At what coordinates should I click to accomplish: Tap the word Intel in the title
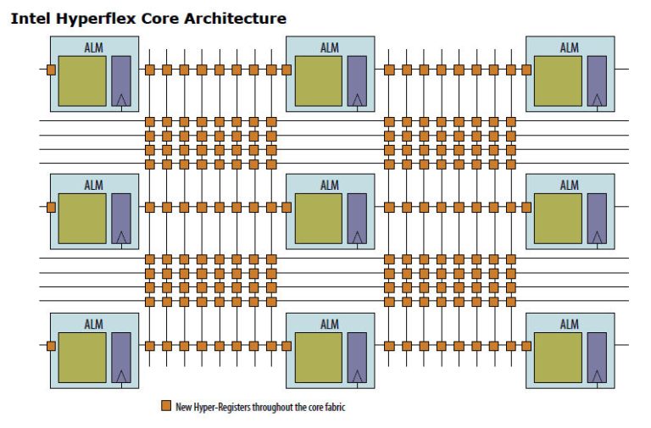point(29,18)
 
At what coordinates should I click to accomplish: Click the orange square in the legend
point(165,407)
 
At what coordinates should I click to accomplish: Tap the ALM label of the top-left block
point(93,47)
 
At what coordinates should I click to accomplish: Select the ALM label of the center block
point(330,186)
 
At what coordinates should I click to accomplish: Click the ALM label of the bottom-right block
point(569,324)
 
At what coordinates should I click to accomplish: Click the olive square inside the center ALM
point(319,218)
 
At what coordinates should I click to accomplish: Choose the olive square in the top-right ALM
point(558,81)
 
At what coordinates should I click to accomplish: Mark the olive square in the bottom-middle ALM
point(319,357)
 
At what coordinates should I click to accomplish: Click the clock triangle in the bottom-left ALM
point(121,375)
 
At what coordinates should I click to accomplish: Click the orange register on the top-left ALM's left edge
point(51,69)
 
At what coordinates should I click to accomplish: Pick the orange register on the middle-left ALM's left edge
point(51,207)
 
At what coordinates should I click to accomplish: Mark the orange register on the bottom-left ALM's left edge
point(51,346)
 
